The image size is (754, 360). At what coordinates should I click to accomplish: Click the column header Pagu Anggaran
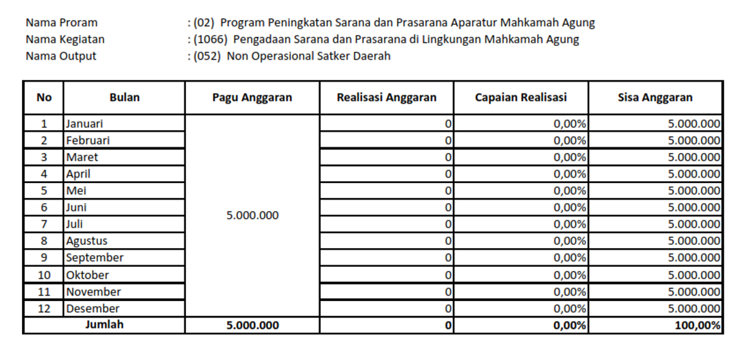[252, 97]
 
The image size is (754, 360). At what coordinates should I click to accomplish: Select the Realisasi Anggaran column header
[386, 97]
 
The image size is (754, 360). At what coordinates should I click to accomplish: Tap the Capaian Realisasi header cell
[520, 97]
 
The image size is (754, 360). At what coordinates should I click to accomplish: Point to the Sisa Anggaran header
[655, 97]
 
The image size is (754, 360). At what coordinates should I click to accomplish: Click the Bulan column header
[124, 97]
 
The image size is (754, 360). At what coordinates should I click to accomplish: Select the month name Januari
[84, 124]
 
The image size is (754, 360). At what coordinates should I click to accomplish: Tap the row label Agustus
[86, 241]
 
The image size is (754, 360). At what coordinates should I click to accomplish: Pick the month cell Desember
[93, 309]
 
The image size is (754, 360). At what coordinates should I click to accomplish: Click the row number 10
[44, 275]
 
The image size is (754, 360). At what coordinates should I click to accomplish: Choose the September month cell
[95, 258]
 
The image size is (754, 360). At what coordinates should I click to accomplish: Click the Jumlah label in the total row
[104, 325]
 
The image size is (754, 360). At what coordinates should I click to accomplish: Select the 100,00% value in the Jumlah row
[697, 326]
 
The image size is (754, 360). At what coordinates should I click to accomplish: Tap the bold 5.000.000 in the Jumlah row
[252, 326]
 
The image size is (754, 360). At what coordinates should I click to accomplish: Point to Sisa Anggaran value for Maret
[694, 157]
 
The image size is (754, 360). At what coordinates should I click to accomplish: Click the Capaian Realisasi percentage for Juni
[570, 208]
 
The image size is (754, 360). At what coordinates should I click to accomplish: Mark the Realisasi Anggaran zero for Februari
[448, 141]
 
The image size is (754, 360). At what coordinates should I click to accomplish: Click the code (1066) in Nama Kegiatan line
[210, 39]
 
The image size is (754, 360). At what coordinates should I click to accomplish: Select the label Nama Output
[61, 56]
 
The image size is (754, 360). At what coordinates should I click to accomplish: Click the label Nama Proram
[62, 23]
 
